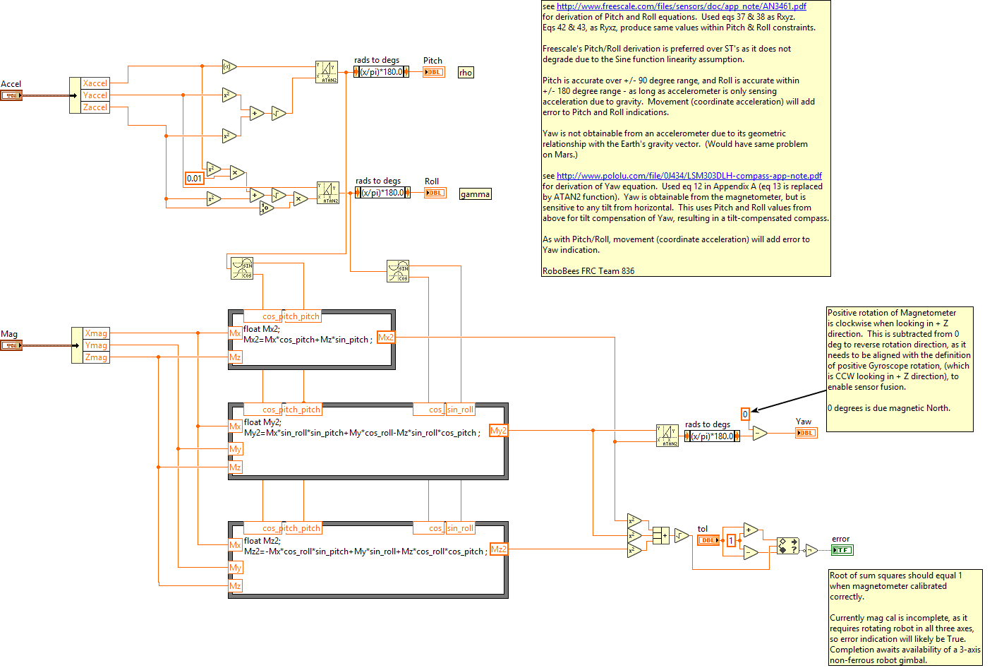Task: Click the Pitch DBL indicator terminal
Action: [x=434, y=72]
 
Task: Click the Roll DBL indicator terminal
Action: [x=435, y=193]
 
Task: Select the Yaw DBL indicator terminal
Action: [x=806, y=433]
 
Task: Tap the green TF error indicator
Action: [x=842, y=550]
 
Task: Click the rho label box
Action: [x=466, y=73]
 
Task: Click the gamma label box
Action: [x=475, y=194]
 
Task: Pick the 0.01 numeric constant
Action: [x=194, y=179]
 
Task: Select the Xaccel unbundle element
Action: [x=95, y=83]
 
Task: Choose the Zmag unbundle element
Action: [x=96, y=357]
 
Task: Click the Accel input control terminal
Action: [x=11, y=95]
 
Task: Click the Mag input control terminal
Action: [x=11, y=345]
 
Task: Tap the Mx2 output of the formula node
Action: [x=386, y=338]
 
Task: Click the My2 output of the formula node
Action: [x=498, y=431]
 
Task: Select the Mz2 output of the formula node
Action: [x=498, y=549]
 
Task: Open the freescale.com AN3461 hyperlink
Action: [x=681, y=6]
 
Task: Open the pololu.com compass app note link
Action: [x=689, y=176]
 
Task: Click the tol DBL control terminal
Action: [x=708, y=540]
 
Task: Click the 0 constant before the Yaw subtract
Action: [x=745, y=414]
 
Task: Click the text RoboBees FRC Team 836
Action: [x=588, y=271]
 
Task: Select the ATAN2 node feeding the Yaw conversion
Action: [x=667, y=436]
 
